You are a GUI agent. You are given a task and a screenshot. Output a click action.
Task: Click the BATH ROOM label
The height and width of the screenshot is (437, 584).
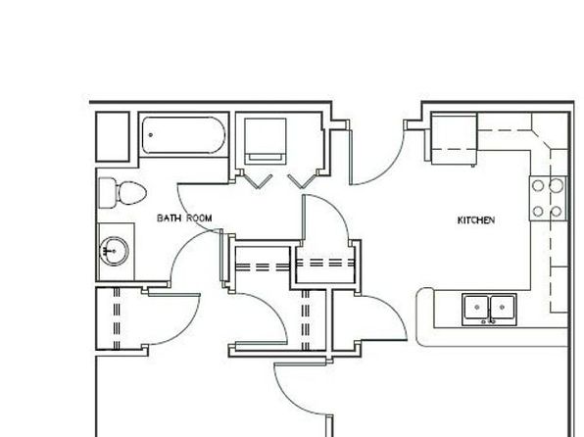pos(184,218)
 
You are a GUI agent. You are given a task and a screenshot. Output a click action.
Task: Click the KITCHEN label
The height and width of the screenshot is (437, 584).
pos(476,220)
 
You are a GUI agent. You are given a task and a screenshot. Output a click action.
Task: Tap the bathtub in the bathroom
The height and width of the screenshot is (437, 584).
pos(183,135)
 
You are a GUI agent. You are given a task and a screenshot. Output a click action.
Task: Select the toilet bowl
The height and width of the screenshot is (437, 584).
pos(132,193)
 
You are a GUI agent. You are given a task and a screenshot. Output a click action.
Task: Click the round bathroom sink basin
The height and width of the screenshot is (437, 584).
pos(115,251)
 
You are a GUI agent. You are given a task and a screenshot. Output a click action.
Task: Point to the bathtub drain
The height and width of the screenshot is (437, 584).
pos(151,135)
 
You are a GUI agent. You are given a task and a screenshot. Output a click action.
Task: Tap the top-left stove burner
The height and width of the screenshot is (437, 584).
pos(538,185)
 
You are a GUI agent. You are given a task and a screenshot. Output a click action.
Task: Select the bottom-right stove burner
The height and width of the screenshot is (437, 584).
pos(556,212)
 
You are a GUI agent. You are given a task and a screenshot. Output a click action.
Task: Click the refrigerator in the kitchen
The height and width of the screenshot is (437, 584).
pos(454,138)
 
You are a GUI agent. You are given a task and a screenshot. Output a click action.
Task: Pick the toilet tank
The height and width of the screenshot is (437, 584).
pos(107,193)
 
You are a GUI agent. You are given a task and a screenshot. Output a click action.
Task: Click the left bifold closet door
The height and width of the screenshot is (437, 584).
pos(257,181)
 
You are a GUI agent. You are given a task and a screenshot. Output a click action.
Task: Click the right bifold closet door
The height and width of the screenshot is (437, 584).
pos(303,181)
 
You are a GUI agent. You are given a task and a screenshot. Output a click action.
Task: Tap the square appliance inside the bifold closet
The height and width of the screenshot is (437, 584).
pos(266,141)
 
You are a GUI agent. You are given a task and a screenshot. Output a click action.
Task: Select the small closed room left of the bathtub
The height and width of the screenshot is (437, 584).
pos(113,137)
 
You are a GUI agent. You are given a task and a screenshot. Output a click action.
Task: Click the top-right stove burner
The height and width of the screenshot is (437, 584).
pos(556,185)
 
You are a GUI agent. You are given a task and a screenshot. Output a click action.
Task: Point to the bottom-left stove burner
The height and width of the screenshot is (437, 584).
pos(538,212)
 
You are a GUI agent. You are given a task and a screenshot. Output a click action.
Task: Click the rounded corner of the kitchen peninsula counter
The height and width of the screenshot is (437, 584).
pos(420,293)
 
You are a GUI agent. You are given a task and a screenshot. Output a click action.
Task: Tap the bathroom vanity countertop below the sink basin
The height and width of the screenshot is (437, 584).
pos(117,272)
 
